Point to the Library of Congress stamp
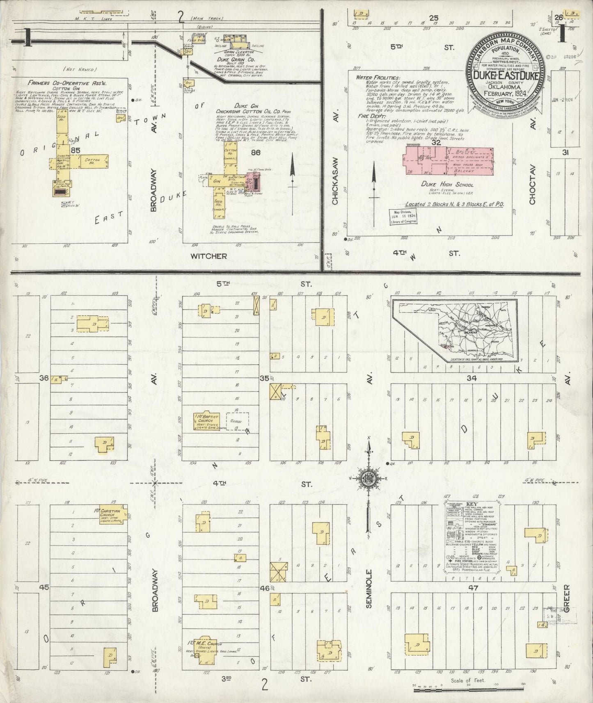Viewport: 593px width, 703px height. click(403, 216)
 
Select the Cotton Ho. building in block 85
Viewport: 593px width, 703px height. click(94, 161)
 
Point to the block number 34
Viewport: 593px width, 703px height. click(472, 378)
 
